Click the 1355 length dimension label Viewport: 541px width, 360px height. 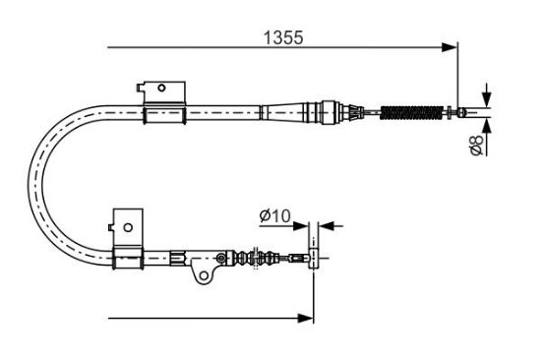point(283,37)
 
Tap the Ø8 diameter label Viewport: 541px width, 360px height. point(477,145)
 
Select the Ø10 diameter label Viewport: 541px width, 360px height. point(275,216)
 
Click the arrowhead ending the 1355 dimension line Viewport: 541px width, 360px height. point(449,47)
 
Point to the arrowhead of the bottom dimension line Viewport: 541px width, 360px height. point(306,319)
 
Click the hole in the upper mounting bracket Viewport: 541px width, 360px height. point(161,88)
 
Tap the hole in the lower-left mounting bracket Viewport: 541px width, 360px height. point(128,228)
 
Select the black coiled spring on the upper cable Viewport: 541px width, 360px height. point(411,113)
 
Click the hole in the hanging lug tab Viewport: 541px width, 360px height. point(204,275)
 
